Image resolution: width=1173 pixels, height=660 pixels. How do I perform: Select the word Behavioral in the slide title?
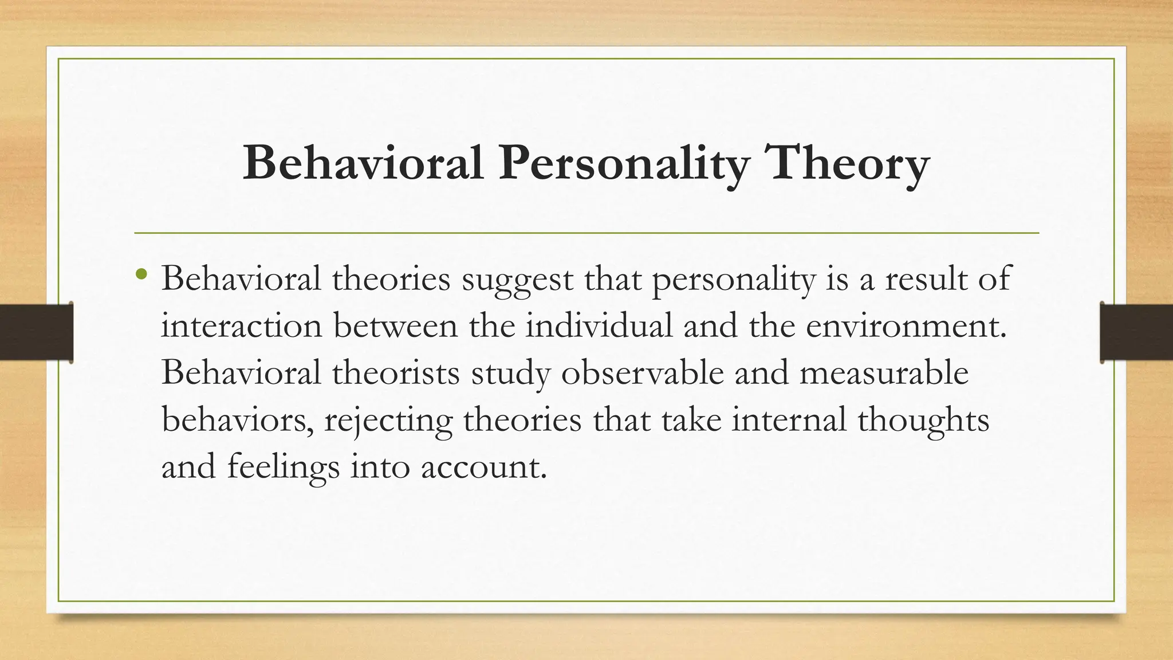363,163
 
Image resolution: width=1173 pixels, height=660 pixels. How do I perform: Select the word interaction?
242,326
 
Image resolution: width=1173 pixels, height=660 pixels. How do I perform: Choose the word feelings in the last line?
284,467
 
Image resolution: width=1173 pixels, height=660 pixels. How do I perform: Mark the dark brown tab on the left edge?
36,332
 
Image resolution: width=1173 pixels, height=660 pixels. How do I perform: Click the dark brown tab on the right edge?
1136,332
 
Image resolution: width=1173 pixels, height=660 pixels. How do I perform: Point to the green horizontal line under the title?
586,233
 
